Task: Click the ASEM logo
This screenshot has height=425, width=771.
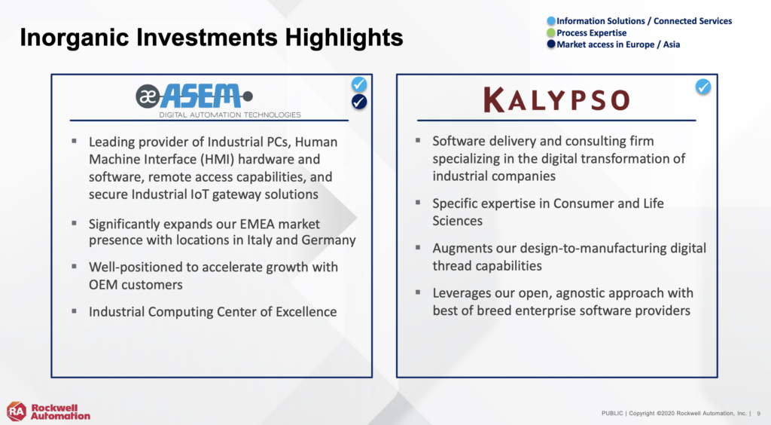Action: pos(218,101)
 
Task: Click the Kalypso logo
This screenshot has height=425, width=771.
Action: pos(556,99)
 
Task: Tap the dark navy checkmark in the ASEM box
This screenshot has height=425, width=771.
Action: pos(359,102)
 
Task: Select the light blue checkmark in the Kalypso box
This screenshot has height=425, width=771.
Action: pos(703,87)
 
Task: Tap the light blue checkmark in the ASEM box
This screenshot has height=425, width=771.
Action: pos(359,84)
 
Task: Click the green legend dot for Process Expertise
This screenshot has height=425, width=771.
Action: pos(551,32)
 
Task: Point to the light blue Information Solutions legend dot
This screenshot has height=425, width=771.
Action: pos(551,20)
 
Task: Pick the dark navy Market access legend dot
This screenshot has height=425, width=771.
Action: pos(551,44)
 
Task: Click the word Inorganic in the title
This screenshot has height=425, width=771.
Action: pos(73,38)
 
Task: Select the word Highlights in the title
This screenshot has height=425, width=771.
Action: pos(343,38)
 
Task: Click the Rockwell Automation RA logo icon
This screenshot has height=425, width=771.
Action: pos(17,411)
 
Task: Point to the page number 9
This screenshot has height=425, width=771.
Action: pos(759,414)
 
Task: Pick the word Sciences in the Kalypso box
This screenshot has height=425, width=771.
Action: pos(457,221)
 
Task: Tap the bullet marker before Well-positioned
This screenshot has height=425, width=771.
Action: pos(74,267)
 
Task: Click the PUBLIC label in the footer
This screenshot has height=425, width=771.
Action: pos(612,414)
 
